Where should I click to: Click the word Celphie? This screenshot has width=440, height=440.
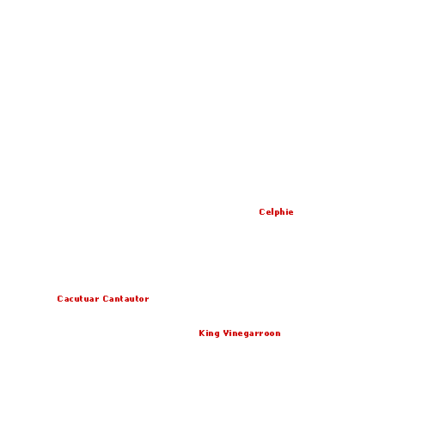pos(276,212)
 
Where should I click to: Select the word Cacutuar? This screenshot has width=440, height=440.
pos(78,299)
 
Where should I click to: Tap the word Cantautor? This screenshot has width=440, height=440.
pos(125,299)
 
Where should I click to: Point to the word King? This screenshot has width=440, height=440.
pos(209,333)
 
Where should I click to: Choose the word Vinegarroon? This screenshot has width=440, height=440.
pos(252,333)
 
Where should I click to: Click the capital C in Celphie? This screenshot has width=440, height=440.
pos(262,212)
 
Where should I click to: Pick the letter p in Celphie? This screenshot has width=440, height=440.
pos(276,213)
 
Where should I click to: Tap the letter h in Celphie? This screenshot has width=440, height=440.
pos(283,212)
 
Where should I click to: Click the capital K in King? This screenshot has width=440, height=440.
pos(202,333)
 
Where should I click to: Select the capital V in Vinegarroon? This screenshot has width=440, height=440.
pos(226,333)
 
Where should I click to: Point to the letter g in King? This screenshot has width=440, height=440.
pos(217,334)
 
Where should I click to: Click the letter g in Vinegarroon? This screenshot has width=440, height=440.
pos(247,334)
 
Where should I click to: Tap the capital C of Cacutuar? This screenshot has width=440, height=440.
pos(60,299)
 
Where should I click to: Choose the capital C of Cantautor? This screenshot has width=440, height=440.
pos(106,299)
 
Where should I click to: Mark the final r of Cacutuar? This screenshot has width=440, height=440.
pos(96,300)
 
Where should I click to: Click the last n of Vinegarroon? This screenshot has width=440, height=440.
pos(278,334)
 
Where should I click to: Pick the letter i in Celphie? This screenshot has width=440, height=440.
pos(287,212)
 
